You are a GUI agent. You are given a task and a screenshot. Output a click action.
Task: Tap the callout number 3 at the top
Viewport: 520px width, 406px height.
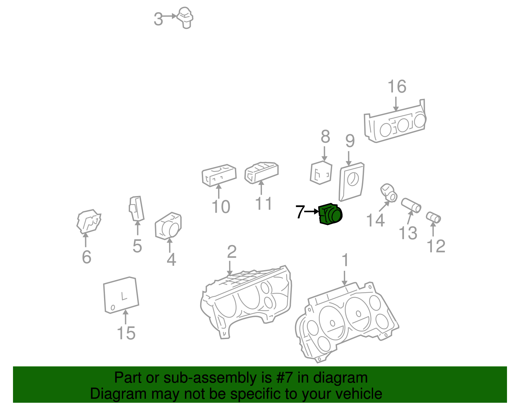pyautogui.click(x=158, y=19)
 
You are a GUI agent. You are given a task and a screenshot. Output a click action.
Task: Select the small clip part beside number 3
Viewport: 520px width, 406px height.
pyautogui.click(x=185, y=18)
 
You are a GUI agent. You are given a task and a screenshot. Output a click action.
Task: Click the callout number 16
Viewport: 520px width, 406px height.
pyautogui.click(x=397, y=86)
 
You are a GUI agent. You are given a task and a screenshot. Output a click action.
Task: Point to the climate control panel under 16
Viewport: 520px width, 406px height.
pyautogui.click(x=395, y=123)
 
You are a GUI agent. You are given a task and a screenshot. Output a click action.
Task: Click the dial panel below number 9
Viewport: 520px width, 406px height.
pyautogui.click(x=351, y=181)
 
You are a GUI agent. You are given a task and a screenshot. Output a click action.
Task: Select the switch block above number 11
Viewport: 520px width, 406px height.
pyautogui.click(x=262, y=172)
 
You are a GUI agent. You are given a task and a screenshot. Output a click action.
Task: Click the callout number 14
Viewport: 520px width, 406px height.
pyautogui.click(x=375, y=220)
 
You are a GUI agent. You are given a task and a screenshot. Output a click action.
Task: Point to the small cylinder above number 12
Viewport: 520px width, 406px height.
pyautogui.click(x=433, y=217)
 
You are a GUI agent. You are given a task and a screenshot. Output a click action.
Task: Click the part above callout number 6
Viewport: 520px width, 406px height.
pyautogui.click(x=89, y=222)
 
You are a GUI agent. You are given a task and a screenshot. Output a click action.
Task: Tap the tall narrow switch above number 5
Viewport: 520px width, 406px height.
pyautogui.click(x=136, y=208)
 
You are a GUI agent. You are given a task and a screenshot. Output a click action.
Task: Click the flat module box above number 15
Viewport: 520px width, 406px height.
pyautogui.click(x=121, y=295)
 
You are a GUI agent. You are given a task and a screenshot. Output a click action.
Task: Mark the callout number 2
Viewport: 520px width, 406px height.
pyautogui.click(x=231, y=252)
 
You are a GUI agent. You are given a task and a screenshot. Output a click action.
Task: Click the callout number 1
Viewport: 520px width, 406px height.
pyautogui.click(x=345, y=260)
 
